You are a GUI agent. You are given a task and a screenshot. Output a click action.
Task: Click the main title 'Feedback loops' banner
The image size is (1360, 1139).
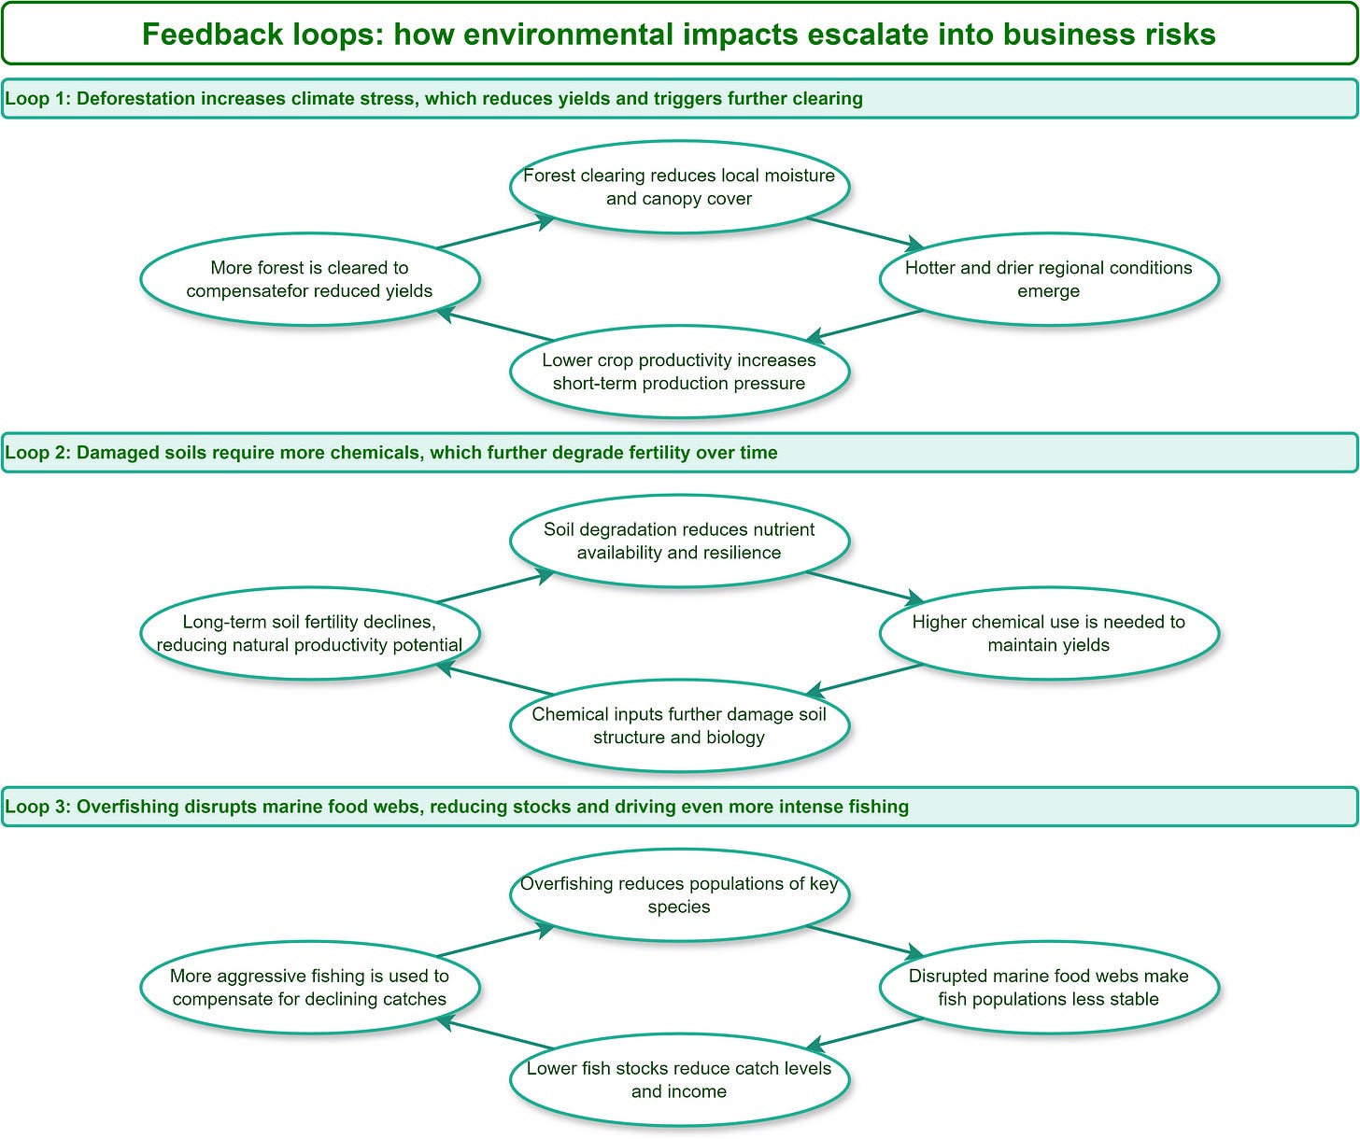[x=679, y=35]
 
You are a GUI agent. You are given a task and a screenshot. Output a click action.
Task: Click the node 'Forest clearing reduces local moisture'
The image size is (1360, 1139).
[x=679, y=187]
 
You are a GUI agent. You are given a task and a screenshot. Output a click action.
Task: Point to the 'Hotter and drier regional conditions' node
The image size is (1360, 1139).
[x=1049, y=279]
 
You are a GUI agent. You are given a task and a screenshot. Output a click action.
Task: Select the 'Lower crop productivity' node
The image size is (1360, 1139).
[x=679, y=372]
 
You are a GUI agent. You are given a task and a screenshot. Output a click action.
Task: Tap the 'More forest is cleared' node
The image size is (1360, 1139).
[x=309, y=279]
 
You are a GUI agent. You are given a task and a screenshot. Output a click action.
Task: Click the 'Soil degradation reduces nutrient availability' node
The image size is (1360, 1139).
[x=679, y=541]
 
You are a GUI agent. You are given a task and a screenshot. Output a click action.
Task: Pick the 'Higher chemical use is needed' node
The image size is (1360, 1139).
[x=1049, y=633]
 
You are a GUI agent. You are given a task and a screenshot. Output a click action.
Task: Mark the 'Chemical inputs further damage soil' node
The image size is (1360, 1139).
[x=679, y=725]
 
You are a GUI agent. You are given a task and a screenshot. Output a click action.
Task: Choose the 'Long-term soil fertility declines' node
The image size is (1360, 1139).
[x=309, y=633]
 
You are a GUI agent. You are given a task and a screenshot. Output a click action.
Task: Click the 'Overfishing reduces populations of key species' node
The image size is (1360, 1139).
[x=679, y=894]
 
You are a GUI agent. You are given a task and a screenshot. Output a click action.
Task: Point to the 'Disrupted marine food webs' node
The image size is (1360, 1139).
[x=1049, y=987]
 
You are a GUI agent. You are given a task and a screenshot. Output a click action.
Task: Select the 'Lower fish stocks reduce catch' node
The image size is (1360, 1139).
[x=679, y=1079]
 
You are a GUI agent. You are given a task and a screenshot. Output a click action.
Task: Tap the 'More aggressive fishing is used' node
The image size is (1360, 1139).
[x=309, y=987]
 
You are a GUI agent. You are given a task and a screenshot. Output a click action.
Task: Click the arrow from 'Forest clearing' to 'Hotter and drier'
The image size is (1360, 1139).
[x=865, y=232]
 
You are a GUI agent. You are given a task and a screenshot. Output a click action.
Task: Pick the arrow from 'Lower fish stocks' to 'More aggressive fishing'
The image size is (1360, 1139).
[x=495, y=1034]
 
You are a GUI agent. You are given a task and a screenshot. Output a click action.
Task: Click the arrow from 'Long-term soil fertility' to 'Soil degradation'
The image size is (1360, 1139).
[x=495, y=587]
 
